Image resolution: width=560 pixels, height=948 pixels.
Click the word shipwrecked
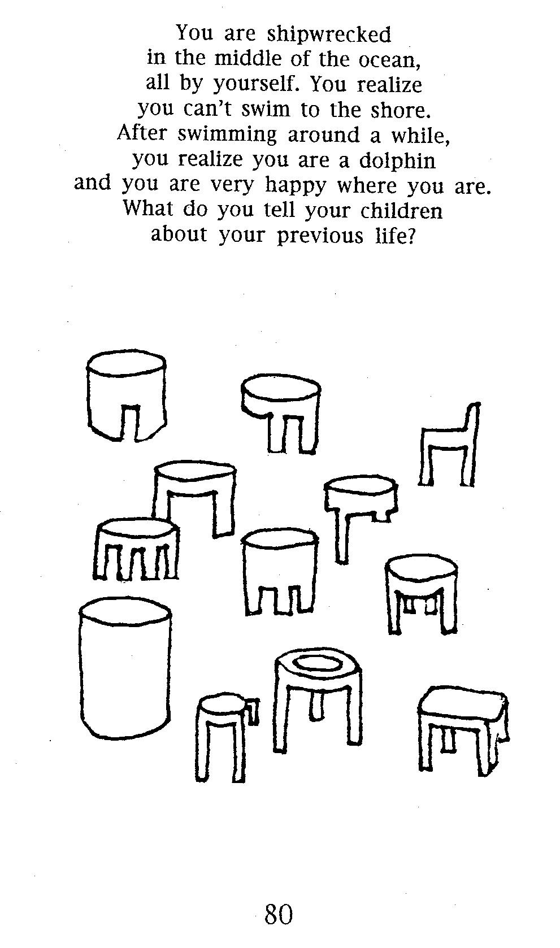coord(329,34)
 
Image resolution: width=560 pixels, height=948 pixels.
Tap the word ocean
coord(390,60)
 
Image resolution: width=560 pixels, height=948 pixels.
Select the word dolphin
coord(397,160)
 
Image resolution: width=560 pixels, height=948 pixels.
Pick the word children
coord(401,211)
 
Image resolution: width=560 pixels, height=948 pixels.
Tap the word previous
coord(320,236)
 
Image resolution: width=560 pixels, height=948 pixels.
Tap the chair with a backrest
coord(449,445)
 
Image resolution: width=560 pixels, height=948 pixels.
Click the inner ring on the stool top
coord(315,663)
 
